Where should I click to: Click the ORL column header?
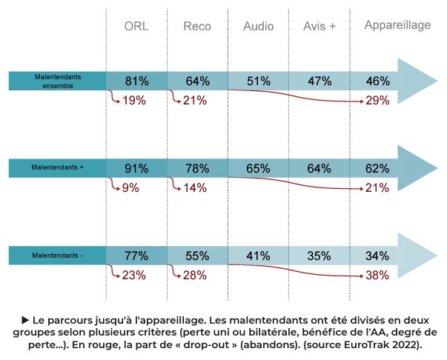136,27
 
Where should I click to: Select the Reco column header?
197,27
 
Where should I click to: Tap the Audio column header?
258,27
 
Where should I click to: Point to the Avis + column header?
319,27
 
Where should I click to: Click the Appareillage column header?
397,25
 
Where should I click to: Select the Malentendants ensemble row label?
58,80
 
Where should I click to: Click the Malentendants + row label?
58,168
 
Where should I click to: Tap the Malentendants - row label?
58,256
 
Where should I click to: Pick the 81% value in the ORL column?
136,81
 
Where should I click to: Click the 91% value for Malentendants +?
136,169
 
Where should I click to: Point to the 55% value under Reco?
197,256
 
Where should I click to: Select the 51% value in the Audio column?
258,81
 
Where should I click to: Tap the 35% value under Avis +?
319,256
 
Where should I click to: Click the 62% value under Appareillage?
377,169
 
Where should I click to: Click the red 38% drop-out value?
377,276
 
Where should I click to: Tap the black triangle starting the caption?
25,319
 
